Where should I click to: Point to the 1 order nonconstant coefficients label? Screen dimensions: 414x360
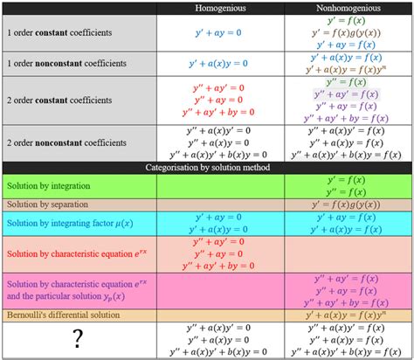click(x=67, y=63)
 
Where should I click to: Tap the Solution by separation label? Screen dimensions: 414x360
click(x=47, y=204)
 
